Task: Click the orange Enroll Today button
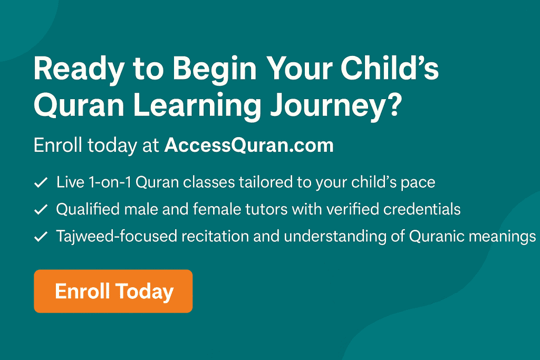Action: (x=113, y=291)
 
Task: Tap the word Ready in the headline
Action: (x=79, y=70)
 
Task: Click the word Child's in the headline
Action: (x=390, y=67)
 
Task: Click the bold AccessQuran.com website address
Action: (x=249, y=145)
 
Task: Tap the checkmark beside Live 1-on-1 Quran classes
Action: (x=41, y=182)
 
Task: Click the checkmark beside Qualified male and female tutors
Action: (x=41, y=209)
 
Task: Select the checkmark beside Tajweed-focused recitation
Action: (x=41, y=237)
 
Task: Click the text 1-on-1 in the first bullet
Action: (x=110, y=182)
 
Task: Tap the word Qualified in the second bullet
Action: (x=88, y=209)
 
